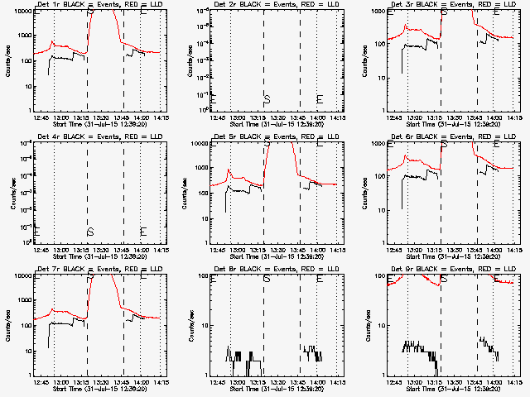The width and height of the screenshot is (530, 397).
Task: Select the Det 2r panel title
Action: click(x=267, y=5)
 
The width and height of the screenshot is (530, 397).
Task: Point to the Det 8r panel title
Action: click(x=267, y=270)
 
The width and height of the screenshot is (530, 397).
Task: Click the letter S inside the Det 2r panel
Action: click(x=267, y=99)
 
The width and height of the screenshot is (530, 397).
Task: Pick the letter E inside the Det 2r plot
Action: click(x=320, y=99)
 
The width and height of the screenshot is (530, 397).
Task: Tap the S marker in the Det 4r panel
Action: click(x=89, y=231)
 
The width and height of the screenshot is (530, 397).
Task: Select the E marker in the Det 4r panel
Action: click(x=142, y=231)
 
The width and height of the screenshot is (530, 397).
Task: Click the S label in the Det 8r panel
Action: click(x=267, y=279)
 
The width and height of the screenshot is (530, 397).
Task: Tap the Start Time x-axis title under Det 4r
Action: click(x=89, y=255)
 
